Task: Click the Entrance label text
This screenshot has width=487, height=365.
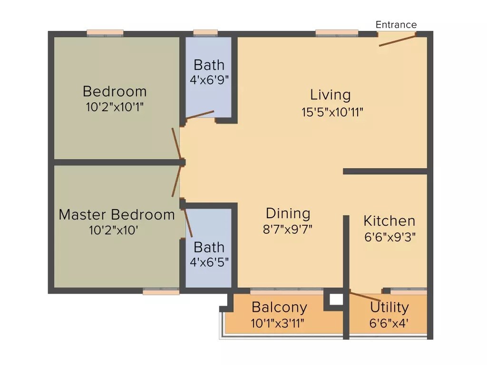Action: pos(396,25)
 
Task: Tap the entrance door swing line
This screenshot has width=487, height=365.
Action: pos(397,40)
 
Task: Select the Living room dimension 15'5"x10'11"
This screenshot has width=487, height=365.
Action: pos(332,112)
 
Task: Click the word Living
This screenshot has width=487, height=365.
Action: pos(331,95)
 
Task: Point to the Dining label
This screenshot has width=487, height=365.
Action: pos(288,213)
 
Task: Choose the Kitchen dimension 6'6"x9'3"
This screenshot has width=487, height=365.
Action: pos(390,237)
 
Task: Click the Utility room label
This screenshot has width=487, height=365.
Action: pos(390,307)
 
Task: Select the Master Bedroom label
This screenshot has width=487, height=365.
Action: pos(117,214)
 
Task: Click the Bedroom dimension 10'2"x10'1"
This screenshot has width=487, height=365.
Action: pos(115,107)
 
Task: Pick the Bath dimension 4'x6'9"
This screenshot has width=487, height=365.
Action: pos(209,80)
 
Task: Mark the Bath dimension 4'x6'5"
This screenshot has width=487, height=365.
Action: pos(209,262)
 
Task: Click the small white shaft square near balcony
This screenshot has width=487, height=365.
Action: pos(336,299)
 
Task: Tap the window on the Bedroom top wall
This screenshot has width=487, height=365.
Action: pos(105,33)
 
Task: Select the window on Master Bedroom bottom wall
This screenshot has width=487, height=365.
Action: pos(161,291)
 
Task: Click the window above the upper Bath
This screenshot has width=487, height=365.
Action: pos(205,33)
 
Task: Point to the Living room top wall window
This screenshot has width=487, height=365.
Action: pos(337,33)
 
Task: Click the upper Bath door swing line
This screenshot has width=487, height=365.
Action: pos(200,115)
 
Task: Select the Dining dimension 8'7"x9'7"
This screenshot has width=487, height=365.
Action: pos(288,230)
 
